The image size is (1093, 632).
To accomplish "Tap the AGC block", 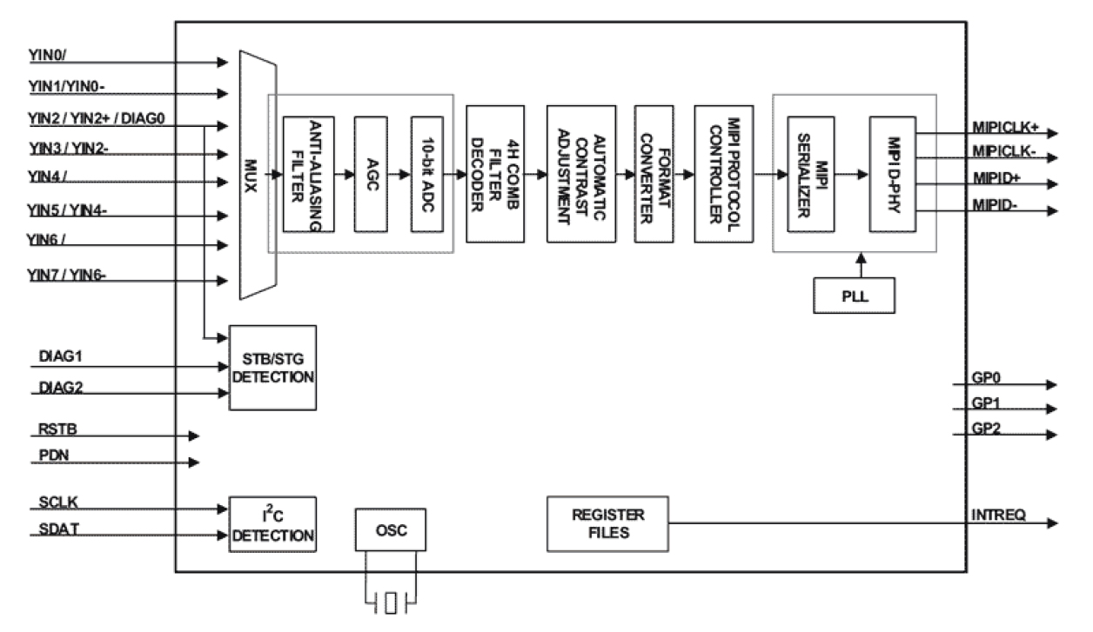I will [x=370, y=173].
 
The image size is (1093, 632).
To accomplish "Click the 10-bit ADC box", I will [x=427, y=173].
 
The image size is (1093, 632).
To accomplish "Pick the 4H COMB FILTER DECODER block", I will [x=493, y=174].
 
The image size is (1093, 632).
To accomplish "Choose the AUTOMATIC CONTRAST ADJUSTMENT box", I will [x=575, y=174].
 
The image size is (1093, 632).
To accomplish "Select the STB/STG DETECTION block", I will [x=272, y=367].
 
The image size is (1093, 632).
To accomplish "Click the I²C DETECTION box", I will [x=272, y=521].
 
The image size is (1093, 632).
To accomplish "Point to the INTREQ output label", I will [x=997, y=515].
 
